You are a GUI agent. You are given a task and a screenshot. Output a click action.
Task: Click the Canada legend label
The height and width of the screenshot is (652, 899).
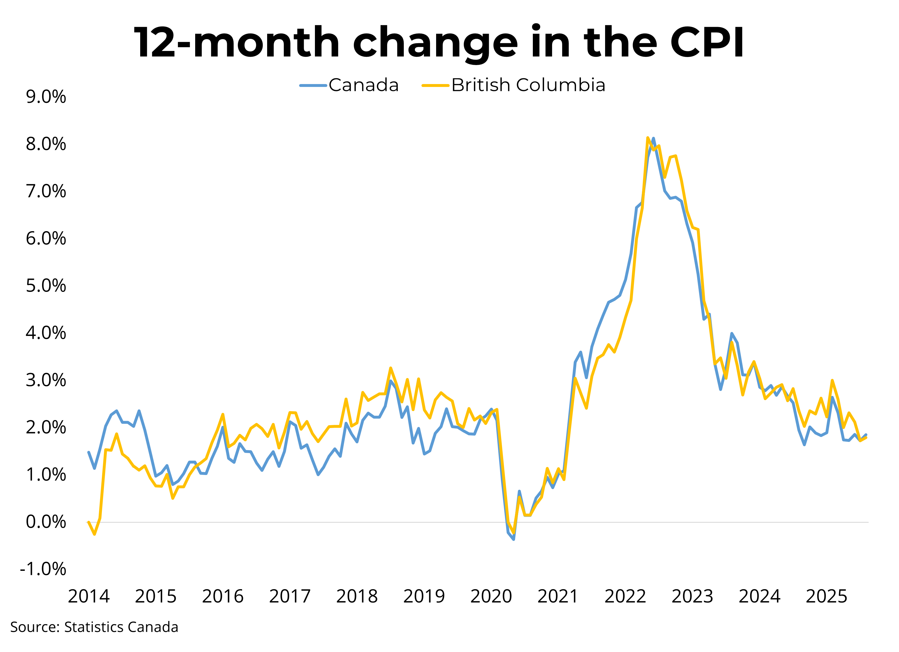pos(364,85)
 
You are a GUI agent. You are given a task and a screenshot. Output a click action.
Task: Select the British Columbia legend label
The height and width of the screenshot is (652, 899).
pos(529,85)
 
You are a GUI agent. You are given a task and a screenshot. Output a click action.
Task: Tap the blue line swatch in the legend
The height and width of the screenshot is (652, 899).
pos(313,85)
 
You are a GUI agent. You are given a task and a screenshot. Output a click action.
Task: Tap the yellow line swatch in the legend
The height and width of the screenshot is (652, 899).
pos(436,85)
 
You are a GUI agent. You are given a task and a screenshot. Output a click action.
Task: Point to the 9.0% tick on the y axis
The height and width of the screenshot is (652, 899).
pos(46,97)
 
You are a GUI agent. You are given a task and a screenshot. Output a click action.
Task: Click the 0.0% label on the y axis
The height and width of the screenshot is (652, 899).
pos(46,522)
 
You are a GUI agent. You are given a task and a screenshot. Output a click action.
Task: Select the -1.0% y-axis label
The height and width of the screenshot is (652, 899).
pos(43,569)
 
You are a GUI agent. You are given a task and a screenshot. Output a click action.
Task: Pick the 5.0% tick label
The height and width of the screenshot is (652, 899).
pos(46,286)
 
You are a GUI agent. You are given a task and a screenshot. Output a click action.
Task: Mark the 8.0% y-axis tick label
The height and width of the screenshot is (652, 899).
pos(46,144)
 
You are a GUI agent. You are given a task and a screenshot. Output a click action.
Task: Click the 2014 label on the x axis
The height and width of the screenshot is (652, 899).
pos(88,596)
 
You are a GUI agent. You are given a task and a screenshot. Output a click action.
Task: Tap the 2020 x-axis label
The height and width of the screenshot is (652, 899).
pos(491,596)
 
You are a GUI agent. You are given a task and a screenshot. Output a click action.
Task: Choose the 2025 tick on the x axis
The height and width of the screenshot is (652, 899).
pos(826,596)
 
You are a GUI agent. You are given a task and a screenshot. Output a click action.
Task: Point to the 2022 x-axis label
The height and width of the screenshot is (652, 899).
pos(625,596)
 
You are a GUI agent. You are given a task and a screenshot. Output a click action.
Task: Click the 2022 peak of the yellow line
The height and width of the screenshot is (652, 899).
pos(647,138)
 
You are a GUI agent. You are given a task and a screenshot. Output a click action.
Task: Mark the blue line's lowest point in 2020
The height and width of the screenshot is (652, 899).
pos(514,539)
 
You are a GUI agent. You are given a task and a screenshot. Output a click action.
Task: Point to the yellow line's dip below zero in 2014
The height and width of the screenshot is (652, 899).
pos(95,534)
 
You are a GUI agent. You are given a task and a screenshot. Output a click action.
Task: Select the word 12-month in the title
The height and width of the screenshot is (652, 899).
pos(237,42)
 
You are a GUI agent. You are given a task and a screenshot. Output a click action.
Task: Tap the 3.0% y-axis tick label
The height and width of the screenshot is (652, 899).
pos(46,381)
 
